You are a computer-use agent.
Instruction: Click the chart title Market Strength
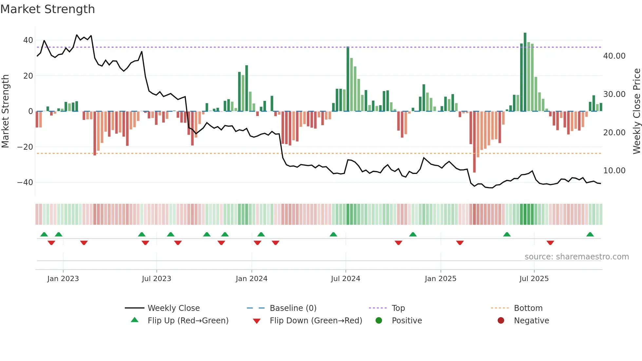click(47, 9)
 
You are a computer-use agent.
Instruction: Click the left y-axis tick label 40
click(28, 40)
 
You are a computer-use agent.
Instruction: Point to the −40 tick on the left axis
click(25, 182)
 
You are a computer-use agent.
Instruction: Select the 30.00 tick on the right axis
click(614, 94)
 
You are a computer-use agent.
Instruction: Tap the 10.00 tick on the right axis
click(614, 171)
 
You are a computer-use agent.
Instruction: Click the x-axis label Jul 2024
click(345, 279)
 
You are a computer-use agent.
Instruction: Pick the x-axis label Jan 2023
click(63, 279)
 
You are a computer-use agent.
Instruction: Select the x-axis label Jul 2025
click(534, 279)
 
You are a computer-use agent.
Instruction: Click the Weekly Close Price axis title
click(636, 111)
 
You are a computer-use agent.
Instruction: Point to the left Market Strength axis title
click(6, 111)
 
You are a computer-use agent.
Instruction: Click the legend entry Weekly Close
click(173, 308)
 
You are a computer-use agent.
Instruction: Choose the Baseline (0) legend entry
click(293, 308)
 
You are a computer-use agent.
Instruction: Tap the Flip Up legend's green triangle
click(135, 320)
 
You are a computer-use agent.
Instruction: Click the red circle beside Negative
click(500, 320)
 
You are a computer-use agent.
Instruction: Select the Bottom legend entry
click(528, 308)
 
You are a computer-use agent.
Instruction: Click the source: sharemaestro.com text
click(576, 257)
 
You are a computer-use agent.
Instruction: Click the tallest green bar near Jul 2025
click(525, 72)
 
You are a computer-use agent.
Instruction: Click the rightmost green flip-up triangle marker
click(590, 235)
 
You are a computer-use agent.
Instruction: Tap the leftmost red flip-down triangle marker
click(51, 243)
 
